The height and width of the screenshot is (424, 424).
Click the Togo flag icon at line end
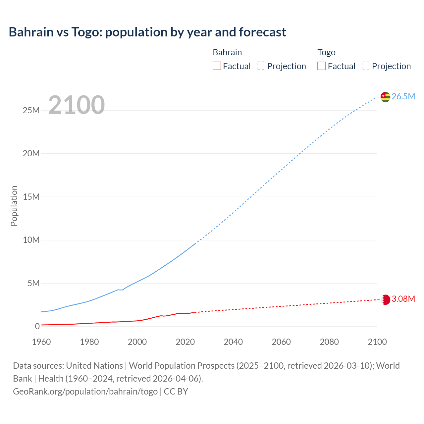tap(385, 97)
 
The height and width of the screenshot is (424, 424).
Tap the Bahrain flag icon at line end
tap(385, 299)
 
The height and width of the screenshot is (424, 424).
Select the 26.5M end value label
tap(403, 96)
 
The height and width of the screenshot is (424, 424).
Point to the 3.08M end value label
tap(403, 299)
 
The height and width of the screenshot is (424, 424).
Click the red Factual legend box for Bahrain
tap(217, 66)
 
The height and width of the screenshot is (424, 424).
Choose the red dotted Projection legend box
tap(261, 66)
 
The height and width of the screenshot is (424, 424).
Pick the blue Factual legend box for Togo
tap(321, 66)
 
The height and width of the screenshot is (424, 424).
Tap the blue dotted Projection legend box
tap(366, 66)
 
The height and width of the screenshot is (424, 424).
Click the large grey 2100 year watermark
tap(77, 105)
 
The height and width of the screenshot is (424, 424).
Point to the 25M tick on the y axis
tap(31, 110)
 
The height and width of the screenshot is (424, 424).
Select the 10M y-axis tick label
tap(31, 240)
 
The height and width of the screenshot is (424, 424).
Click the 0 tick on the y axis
tap(37, 326)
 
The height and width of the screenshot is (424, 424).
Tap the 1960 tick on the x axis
tap(41, 342)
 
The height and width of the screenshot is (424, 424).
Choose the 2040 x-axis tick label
tap(233, 342)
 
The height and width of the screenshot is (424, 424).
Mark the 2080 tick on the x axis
tap(329, 342)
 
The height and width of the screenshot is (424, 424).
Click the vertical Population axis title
tap(14, 206)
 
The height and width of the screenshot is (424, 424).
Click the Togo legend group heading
tap(326, 52)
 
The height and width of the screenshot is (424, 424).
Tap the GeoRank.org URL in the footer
tap(85, 391)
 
